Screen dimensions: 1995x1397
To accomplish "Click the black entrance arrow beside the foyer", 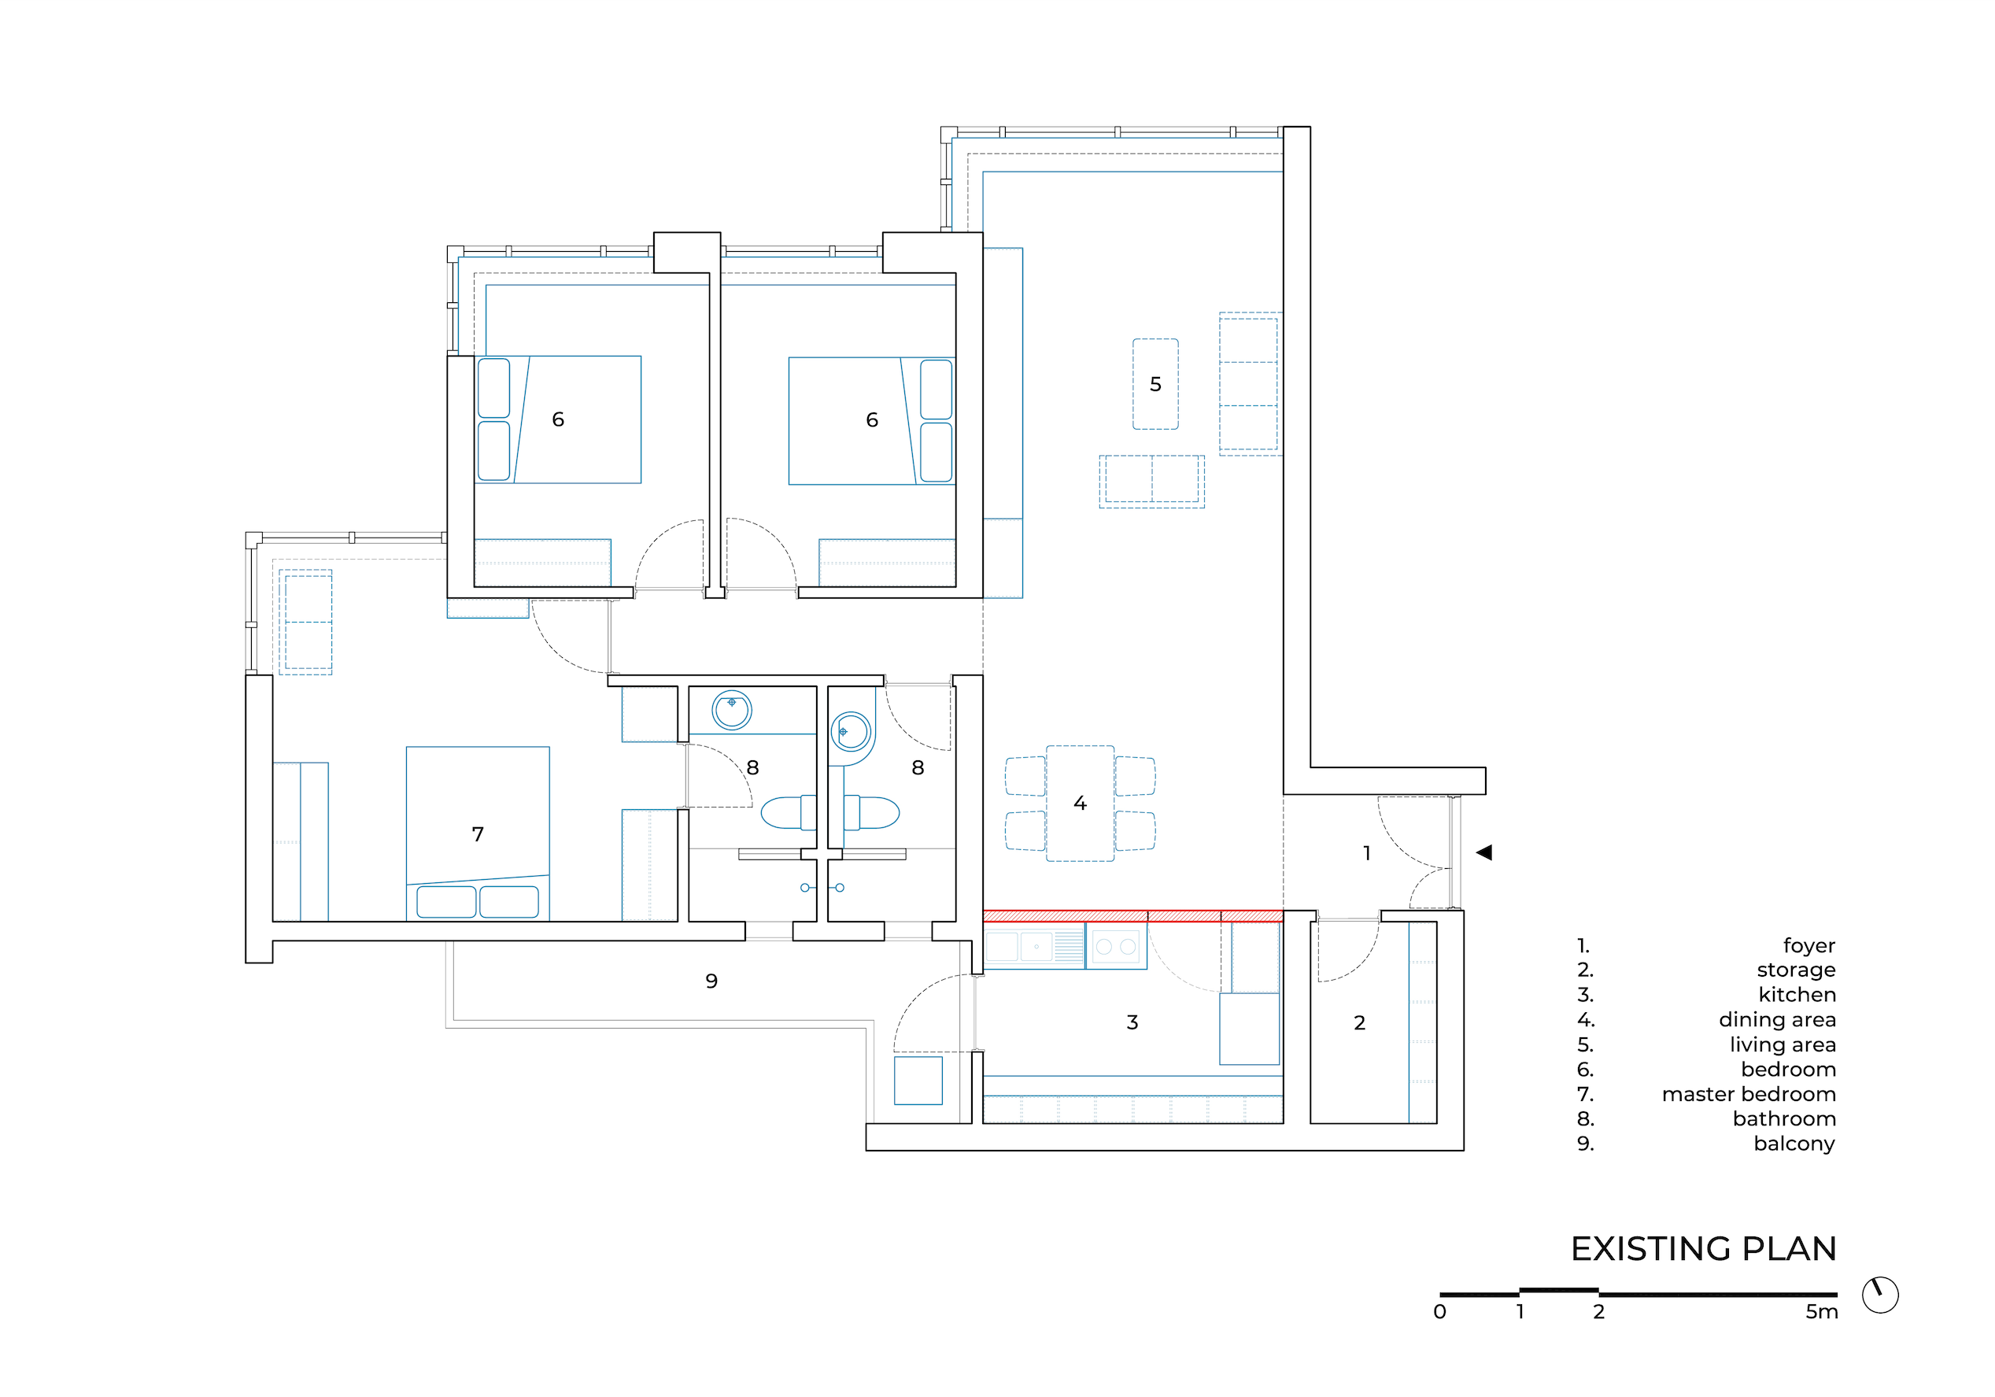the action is click(x=1484, y=852).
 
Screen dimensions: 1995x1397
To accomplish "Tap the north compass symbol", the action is click(x=1880, y=1295).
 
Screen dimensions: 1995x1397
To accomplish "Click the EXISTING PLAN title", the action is click(x=1704, y=1248).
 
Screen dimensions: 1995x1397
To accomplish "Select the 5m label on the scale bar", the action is click(x=1821, y=1312).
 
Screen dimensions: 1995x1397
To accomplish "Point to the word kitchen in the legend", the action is click(x=1797, y=995).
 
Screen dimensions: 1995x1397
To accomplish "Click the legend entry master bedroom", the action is click(x=1749, y=1094).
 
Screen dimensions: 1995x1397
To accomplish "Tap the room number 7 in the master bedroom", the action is click(x=478, y=834).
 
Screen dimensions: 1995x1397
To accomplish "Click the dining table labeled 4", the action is click(x=1080, y=804).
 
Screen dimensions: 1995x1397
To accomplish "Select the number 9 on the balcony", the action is click(x=711, y=981).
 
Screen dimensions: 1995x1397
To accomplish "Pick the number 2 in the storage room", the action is click(x=1360, y=1022).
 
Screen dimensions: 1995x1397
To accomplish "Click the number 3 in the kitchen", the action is click(x=1132, y=1022).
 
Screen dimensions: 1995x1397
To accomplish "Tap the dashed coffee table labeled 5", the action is click(x=1155, y=384).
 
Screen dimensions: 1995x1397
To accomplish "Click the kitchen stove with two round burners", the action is click(x=1117, y=946).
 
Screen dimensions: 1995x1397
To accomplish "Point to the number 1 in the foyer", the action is click(x=1367, y=853).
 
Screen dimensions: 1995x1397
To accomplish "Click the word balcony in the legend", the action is click(x=1794, y=1144).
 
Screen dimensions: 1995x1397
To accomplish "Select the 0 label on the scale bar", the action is click(x=1439, y=1312).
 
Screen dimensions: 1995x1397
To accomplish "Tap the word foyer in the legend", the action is click(x=1809, y=945).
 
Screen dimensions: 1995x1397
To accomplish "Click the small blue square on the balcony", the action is click(x=918, y=1080).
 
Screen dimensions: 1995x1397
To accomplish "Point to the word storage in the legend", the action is click(x=1796, y=970).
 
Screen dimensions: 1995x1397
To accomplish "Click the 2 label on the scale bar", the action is click(x=1599, y=1312).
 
